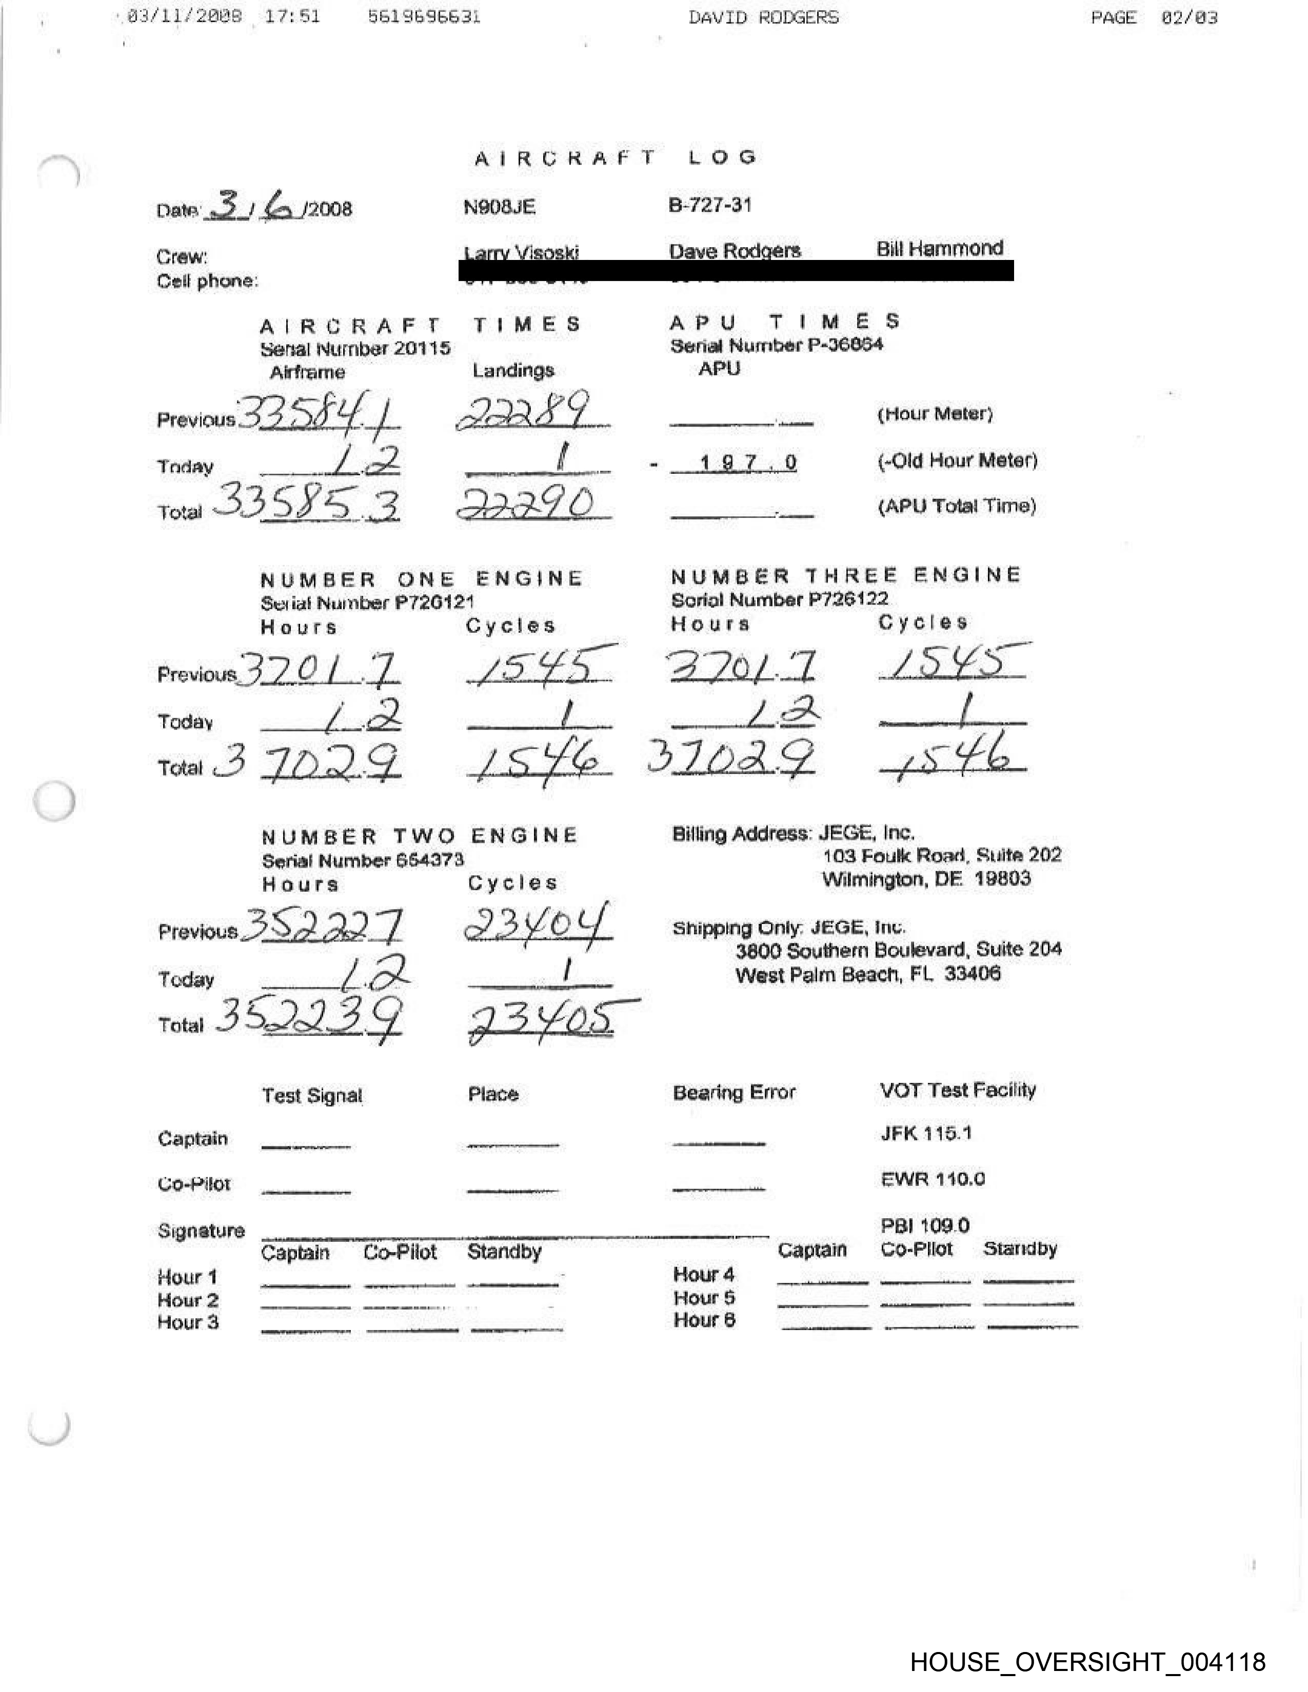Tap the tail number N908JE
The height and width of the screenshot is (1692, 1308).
[499, 207]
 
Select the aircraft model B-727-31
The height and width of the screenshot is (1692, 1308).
[710, 205]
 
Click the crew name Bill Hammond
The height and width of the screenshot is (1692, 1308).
[939, 249]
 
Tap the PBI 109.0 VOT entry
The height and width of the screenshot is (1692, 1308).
[924, 1225]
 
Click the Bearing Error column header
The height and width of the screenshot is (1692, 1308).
[734, 1092]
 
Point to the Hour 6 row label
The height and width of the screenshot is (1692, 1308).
[704, 1320]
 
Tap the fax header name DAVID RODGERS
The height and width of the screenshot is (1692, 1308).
[763, 17]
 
